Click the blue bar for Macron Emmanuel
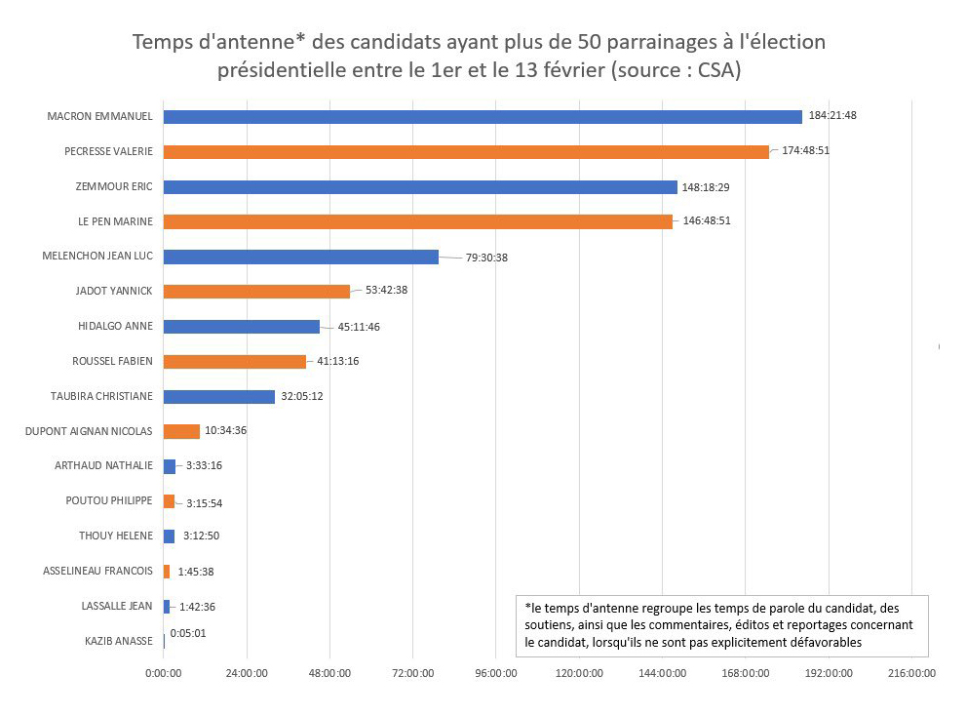[x=483, y=117]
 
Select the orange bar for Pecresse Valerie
[x=466, y=152]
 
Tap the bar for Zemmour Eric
[x=420, y=186]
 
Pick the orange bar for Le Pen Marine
[x=418, y=221]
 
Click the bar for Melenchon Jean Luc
[x=301, y=257]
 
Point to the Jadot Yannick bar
[x=256, y=291]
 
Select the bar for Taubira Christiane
[x=219, y=397]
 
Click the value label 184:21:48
[x=832, y=115]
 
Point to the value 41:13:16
[x=339, y=361]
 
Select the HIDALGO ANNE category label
[x=115, y=326]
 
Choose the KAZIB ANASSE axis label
[x=119, y=641]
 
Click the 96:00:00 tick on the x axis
[x=495, y=673]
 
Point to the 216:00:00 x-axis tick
[x=910, y=673]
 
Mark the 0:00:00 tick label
[x=164, y=673]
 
